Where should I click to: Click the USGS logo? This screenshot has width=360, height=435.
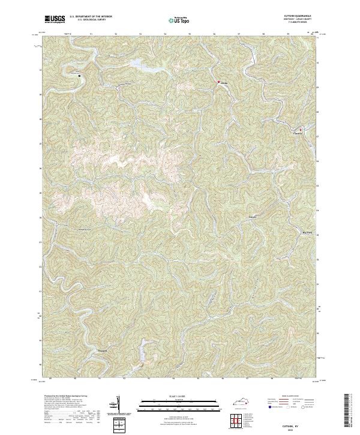coord(54,20)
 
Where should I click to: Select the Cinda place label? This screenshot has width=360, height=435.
coord(224,82)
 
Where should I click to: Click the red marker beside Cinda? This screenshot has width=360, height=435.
coord(218,82)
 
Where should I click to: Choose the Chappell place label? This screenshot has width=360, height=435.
coord(103,350)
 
